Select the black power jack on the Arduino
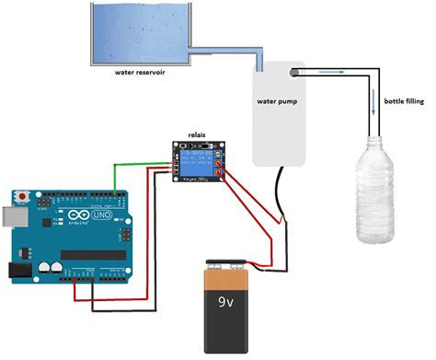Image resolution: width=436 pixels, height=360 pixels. pos(16,270)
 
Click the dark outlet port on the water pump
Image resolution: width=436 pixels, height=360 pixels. pos(295,70)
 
